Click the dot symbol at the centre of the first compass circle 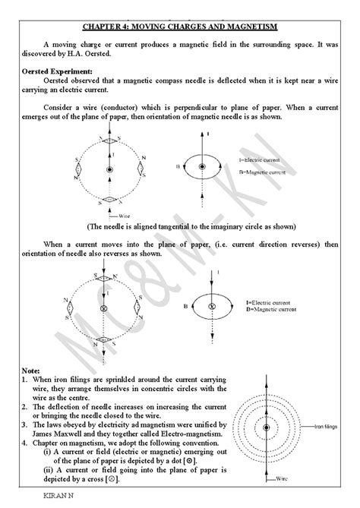click(x=109, y=169)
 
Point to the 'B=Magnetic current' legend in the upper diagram click(x=262, y=172)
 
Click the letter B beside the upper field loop click(x=177, y=164)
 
